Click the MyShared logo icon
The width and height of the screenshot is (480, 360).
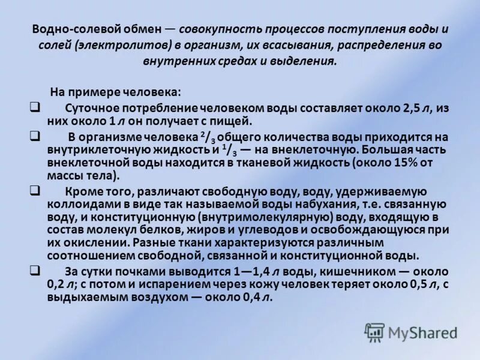pos(375,331)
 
